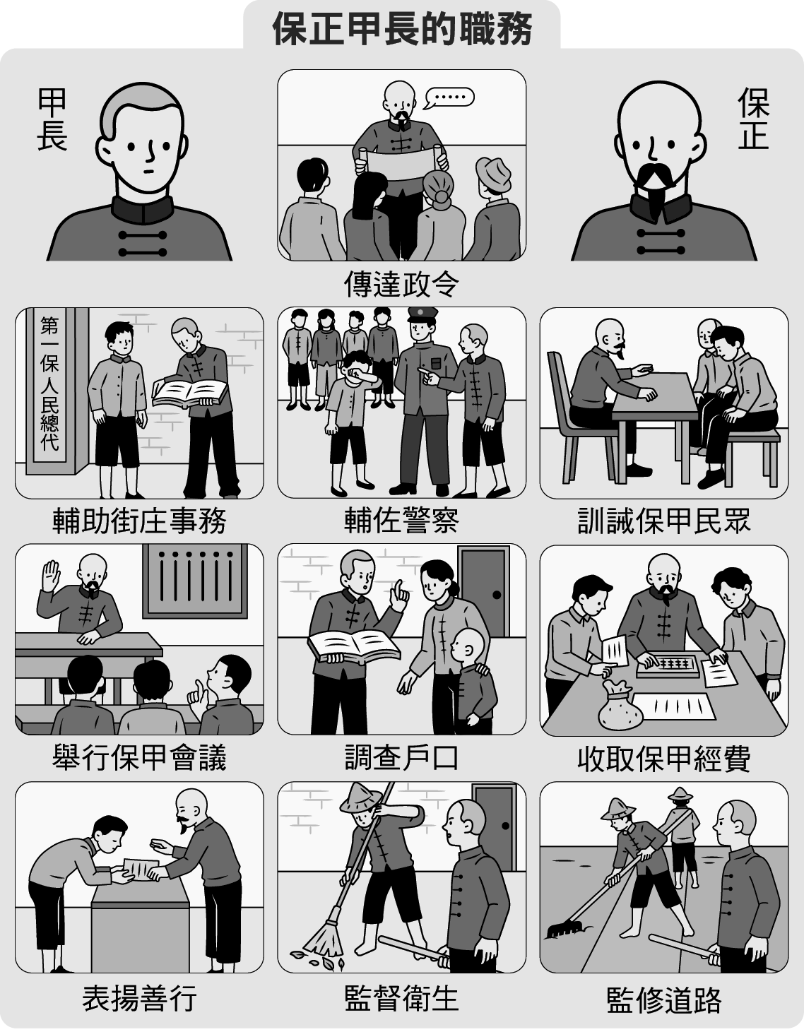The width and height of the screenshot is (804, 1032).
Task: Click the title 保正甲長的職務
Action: (x=402, y=28)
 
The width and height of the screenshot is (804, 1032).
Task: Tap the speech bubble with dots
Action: (x=449, y=97)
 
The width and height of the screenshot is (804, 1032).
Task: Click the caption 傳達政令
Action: (x=402, y=284)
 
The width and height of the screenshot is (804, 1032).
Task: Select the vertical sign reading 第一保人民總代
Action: (x=49, y=384)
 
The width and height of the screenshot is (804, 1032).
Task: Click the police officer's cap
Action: (x=422, y=315)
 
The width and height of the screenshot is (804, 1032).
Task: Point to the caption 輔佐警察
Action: (x=402, y=521)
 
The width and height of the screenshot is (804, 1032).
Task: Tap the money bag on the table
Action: (x=620, y=704)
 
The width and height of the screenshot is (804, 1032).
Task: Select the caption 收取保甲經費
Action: (x=664, y=758)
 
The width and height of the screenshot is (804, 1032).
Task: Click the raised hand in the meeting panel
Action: (x=51, y=576)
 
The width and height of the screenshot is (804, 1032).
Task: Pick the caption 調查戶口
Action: (x=402, y=757)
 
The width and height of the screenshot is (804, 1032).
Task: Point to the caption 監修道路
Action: (x=664, y=997)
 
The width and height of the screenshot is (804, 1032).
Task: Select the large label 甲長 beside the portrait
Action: (x=52, y=119)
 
